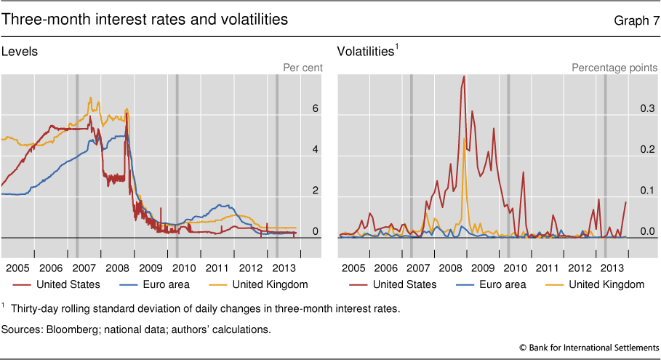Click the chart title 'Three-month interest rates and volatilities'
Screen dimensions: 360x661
tap(145, 20)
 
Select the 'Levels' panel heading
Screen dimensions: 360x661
tap(20, 52)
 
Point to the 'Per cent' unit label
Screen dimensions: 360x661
tap(303, 68)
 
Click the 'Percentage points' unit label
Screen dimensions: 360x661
tap(614, 68)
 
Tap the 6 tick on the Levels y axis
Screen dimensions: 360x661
tap(316, 108)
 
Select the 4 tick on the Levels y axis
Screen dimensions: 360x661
tap(316, 150)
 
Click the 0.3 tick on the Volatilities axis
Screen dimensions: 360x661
tap(647, 108)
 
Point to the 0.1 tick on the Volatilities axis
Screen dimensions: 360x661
tap(647, 191)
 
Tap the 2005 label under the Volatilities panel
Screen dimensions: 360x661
tap(353, 268)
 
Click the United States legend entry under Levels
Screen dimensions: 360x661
tap(58, 284)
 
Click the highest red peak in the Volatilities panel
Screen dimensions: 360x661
tap(463, 77)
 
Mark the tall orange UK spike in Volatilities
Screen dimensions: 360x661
tap(464, 138)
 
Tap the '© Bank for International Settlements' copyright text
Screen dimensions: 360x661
tap(590, 348)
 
